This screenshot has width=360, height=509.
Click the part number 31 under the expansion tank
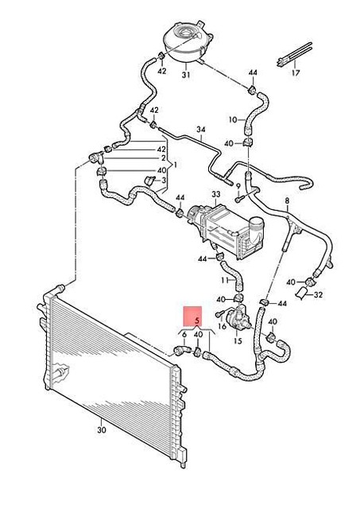[185, 75]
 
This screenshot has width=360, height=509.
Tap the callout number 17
[296, 72]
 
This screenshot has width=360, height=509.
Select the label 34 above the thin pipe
[201, 130]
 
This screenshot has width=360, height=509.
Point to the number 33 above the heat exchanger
[216, 194]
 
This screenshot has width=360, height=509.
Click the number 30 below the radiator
[102, 430]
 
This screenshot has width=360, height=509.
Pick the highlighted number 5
[197, 321]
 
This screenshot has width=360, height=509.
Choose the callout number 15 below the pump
[238, 341]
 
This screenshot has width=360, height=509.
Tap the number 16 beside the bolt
[223, 325]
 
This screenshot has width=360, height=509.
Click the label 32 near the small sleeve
[319, 295]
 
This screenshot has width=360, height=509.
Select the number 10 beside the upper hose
[233, 120]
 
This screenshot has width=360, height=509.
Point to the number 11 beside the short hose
[226, 280]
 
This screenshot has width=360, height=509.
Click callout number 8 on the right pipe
[287, 200]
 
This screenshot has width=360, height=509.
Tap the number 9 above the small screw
[238, 186]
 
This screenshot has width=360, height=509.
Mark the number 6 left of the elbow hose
[184, 335]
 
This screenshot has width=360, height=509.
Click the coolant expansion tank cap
[185, 33]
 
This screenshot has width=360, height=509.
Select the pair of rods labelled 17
[294, 55]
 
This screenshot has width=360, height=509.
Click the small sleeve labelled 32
[300, 293]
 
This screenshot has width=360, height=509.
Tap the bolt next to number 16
[219, 314]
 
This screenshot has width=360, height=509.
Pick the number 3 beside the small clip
[164, 180]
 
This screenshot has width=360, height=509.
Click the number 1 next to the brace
[175, 165]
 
